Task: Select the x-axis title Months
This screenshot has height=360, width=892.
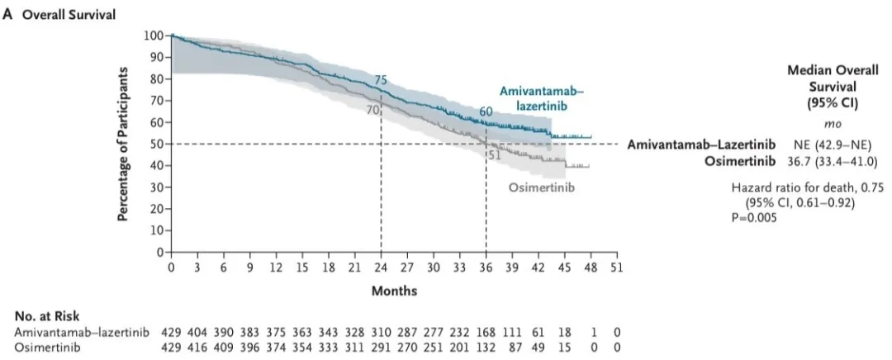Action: point(394,291)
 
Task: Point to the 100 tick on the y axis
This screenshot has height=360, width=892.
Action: point(154,36)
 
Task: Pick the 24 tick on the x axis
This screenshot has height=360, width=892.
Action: point(381,268)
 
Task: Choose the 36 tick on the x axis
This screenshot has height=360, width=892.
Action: point(486,268)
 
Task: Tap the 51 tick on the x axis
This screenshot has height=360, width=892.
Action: point(616,268)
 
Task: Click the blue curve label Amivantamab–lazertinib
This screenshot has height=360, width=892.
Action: point(537,99)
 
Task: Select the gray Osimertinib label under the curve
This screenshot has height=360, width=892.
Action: point(541,188)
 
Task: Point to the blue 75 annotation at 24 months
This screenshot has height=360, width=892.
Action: point(381,80)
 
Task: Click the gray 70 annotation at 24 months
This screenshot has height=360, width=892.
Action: point(372,109)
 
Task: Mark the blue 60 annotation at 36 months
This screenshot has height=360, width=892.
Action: point(486,111)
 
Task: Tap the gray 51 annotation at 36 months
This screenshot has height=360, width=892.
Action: point(495,154)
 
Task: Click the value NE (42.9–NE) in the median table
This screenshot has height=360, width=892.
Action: point(818,144)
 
